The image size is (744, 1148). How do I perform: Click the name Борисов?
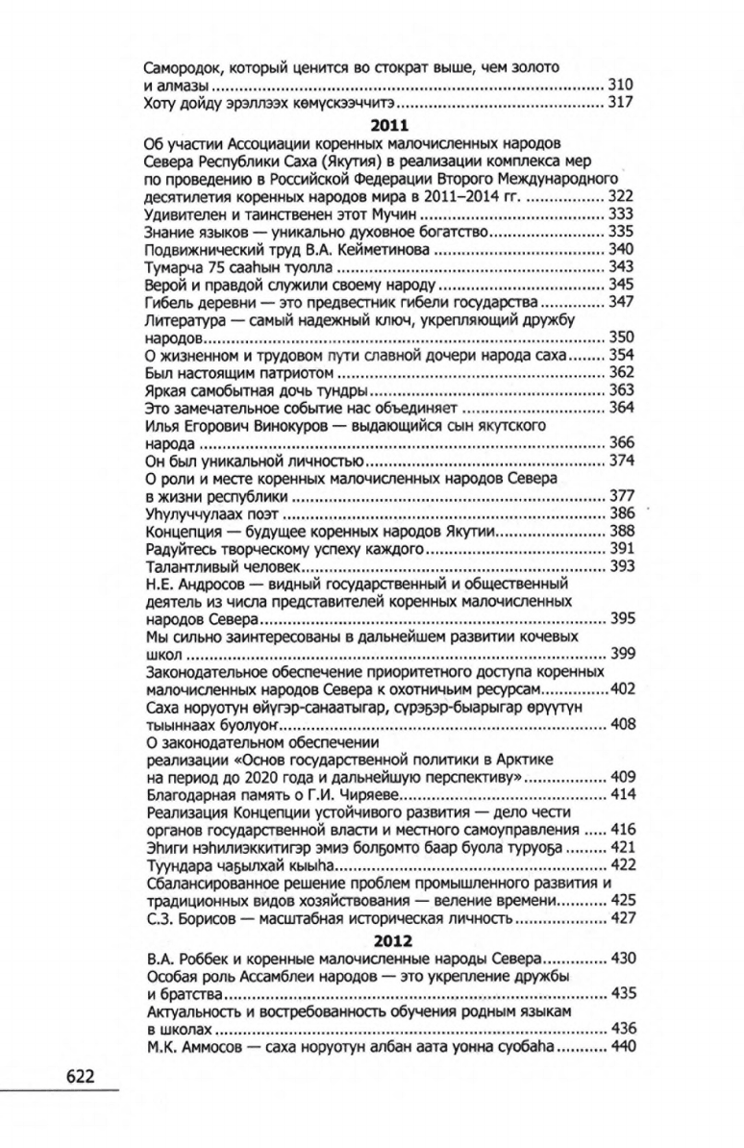point(211,917)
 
